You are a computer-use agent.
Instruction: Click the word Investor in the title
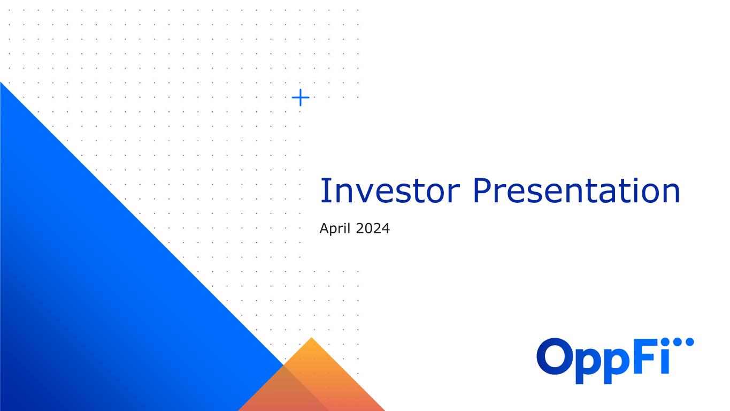coord(390,191)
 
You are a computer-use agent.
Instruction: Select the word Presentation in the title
coord(576,191)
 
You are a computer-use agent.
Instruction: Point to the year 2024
coord(373,229)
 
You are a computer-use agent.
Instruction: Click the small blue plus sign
coord(301,97)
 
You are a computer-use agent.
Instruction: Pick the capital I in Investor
coord(324,191)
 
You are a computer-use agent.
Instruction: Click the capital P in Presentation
coord(482,191)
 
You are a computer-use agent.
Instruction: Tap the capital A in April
coord(325,229)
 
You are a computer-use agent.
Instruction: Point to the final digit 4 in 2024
coord(385,229)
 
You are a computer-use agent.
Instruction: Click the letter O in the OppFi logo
coord(554,356)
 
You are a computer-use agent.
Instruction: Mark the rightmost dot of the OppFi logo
coord(689,342)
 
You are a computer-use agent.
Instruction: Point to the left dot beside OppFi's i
coord(678,342)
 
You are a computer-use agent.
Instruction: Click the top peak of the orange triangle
coord(311,338)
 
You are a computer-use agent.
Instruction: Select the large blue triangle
coord(98,294)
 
